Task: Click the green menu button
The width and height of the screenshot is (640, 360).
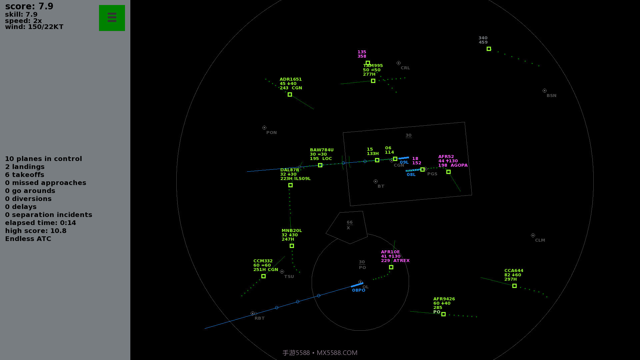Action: point(112,18)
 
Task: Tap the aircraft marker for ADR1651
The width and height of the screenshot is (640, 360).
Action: point(290,95)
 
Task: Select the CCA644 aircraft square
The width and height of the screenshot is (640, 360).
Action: point(514,286)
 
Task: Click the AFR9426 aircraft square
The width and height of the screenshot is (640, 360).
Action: point(443,314)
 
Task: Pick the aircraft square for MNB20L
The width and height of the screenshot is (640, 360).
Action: point(292,246)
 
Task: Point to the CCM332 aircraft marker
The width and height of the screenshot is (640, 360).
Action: point(263,276)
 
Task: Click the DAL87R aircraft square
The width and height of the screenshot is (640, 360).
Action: point(290,185)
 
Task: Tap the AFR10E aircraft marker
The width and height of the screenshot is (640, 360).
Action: point(391,267)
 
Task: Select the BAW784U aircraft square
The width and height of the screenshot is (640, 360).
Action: point(320,165)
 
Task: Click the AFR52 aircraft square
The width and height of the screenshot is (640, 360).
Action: point(448,172)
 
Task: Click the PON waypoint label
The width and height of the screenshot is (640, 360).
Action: point(271,133)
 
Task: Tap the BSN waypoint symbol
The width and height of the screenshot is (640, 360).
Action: point(544,91)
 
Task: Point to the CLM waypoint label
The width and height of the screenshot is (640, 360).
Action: point(540,240)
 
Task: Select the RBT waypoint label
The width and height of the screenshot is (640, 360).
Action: point(259,318)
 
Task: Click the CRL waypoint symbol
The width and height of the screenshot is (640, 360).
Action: point(398,63)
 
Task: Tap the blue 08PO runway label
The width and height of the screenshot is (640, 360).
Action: point(358,290)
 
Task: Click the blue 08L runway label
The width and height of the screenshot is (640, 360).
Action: point(411,175)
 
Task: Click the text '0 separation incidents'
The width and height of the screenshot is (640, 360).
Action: point(49,215)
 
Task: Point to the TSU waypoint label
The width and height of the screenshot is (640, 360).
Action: point(289,277)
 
